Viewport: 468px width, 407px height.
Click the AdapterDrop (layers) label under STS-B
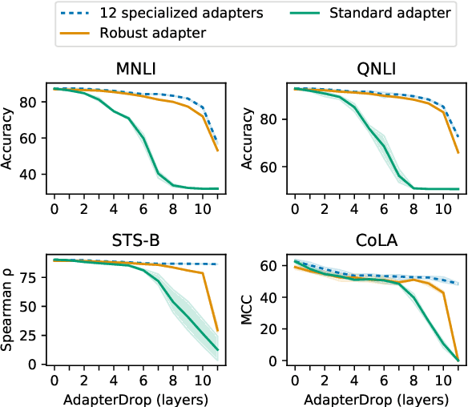(135, 397)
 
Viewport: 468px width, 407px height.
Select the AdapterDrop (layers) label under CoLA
(374, 397)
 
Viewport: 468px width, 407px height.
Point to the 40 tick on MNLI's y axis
(30, 175)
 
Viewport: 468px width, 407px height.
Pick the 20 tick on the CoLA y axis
(272, 329)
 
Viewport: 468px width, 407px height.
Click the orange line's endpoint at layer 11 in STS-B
(217, 330)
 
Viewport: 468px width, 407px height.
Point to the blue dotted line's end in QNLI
(458, 135)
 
